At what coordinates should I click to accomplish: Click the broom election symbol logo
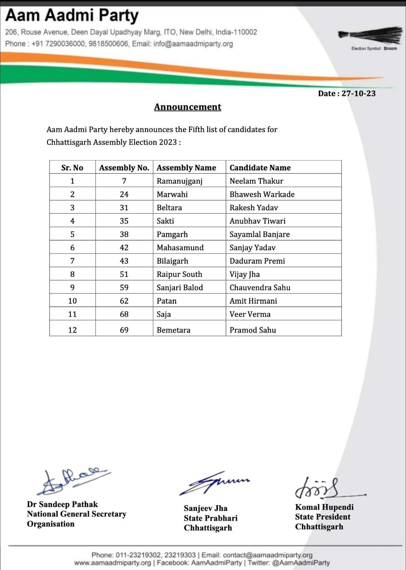[x=371, y=35]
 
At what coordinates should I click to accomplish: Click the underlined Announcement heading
[x=188, y=107]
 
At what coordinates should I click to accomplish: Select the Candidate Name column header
[x=260, y=167]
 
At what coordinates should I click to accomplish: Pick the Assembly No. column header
[x=124, y=167]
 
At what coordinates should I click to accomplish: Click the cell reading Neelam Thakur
[x=256, y=181]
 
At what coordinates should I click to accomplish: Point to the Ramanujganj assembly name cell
[x=180, y=181]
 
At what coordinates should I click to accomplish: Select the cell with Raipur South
[x=179, y=274]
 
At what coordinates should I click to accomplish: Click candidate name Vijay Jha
[x=245, y=274]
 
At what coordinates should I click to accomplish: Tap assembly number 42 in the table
[x=124, y=248]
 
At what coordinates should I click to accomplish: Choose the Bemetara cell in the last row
[x=173, y=330]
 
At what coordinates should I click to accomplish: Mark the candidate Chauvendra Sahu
[x=260, y=287]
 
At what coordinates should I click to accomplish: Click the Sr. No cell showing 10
[x=72, y=301]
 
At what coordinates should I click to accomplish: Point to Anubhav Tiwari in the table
[x=258, y=221]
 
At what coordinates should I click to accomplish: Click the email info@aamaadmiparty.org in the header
[x=193, y=44]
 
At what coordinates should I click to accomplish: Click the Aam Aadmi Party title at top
[x=72, y=15]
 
